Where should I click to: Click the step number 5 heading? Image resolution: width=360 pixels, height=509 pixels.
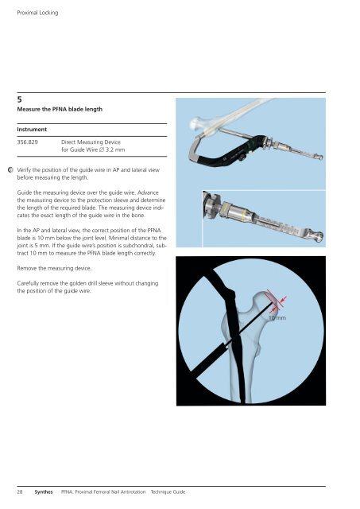(x=19, y=99)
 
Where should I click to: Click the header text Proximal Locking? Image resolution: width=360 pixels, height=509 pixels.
(x=37, y=13)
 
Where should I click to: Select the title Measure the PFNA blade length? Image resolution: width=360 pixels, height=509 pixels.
(x=60, y=110)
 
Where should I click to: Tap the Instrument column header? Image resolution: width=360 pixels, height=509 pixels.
(x=32, y=130)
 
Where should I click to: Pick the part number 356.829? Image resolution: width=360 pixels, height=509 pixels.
(x=28, y=142)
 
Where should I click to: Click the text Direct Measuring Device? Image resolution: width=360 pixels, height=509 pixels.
(x=91, y=142)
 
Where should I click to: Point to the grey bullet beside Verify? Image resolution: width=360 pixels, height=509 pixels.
(x=10, y=169)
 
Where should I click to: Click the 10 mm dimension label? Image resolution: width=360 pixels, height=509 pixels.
(x=277, y=318)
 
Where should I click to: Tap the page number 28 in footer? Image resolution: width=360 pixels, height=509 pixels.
(x=20, y=492)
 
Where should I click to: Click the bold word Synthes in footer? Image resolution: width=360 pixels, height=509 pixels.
(x=44, y=492)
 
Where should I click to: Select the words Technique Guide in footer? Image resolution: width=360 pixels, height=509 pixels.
(x=168, y=492)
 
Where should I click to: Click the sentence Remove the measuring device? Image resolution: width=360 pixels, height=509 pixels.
(x=54, y=269)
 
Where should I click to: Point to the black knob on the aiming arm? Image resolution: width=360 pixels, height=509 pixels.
(x=241, y=158)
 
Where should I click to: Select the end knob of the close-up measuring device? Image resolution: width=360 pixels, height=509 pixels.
(x=315, y=235)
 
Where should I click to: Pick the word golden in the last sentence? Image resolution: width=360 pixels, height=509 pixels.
(x=79, y=283)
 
